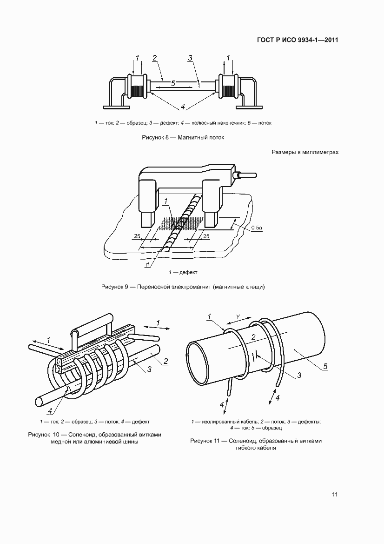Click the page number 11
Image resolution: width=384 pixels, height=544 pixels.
coord(334,494)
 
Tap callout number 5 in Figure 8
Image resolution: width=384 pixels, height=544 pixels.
coord(172,84)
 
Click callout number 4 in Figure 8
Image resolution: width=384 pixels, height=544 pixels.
coord(183,107)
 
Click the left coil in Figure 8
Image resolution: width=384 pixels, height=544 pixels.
coord(137,87)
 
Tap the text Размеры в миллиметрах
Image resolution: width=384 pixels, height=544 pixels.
coord(305,152)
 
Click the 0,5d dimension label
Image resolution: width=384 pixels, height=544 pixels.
coord(256,228)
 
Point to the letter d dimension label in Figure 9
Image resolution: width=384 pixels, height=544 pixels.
coord(146,265)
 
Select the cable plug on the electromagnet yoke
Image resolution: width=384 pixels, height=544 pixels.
coord(245,175)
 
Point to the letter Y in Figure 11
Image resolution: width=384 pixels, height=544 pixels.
coord(238,317)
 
